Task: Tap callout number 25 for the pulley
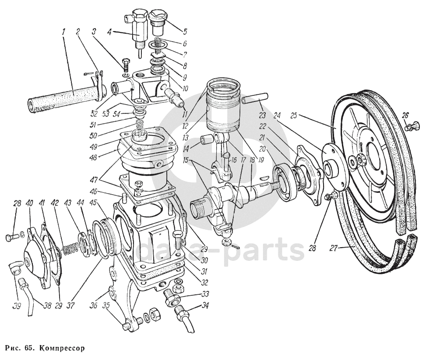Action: coord(293,116)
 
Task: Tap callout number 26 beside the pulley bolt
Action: coord(405,115)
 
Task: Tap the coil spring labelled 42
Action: coord(68,250)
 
